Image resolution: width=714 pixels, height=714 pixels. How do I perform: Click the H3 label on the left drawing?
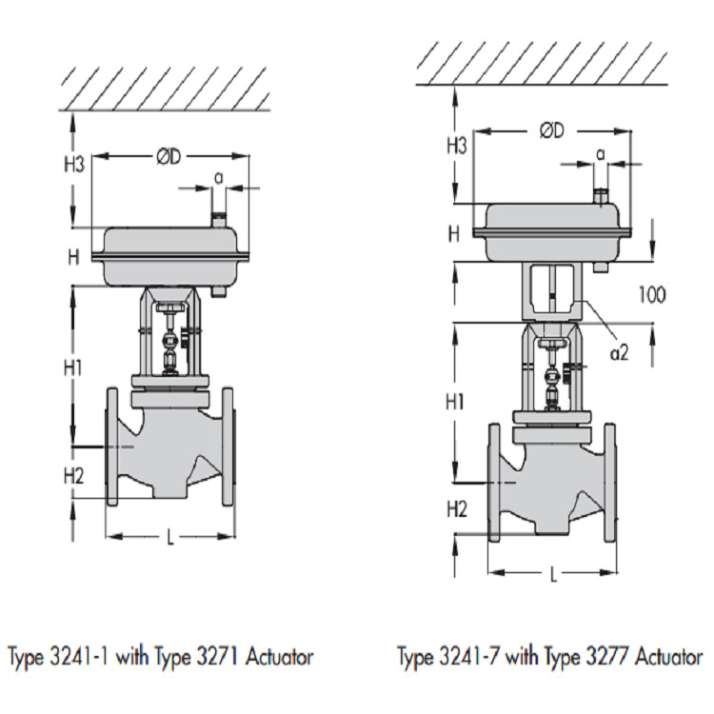point(74,164)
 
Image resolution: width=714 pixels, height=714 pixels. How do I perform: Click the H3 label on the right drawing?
point(457,147)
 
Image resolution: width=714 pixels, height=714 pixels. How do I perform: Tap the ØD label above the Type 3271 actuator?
point(169,157)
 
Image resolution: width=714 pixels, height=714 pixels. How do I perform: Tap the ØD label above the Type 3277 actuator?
point(552,130)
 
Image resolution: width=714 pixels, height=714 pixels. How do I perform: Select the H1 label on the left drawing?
point(73,367)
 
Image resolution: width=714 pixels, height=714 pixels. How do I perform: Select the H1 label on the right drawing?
point(454,402)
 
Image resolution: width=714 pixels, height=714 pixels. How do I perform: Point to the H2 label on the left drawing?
point(73,476)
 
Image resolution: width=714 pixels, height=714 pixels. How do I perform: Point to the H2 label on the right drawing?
point(457,509)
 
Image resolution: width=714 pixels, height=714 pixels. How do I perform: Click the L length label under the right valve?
point(553,576)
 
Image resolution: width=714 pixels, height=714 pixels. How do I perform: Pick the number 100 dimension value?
point(652,294)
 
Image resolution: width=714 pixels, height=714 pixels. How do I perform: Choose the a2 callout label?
point(620,352)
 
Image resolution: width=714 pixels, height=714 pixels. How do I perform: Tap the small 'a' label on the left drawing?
point(219,179)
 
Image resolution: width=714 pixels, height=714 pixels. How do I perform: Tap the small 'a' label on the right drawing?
point(601,155)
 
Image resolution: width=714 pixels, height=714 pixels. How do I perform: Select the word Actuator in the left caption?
point(279,657)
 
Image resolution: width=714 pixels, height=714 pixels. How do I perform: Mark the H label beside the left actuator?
point(73,258)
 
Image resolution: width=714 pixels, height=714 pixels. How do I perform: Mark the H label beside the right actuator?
point(454,234)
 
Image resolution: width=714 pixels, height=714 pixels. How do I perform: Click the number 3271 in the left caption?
point(217,657)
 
